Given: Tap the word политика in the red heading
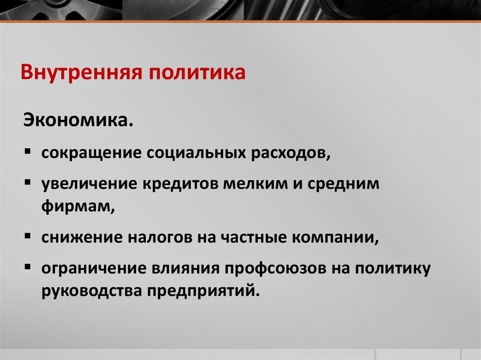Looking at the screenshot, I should (197, 73).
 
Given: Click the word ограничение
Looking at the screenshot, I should (92, 268).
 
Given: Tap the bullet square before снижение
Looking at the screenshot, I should (28, 236).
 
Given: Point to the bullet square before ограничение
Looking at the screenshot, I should (28, 267).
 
